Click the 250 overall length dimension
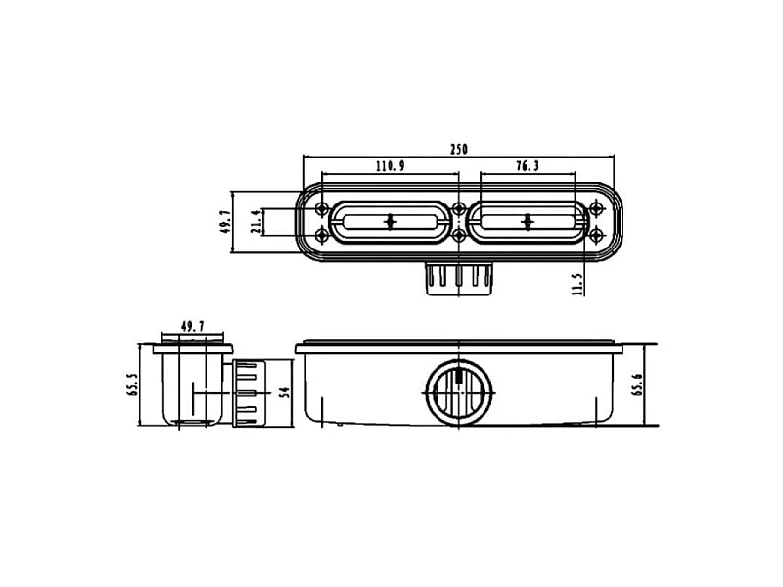pos(459,150)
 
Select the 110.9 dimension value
pos(391,166)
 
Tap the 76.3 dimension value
pos(528,166)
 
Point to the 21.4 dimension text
pos(255,222)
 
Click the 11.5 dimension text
pos(577,284)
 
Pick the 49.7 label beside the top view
pos(225,222)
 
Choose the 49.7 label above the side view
pos(192,327)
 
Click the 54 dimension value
pos(285,392)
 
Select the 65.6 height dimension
pos(638,384)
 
